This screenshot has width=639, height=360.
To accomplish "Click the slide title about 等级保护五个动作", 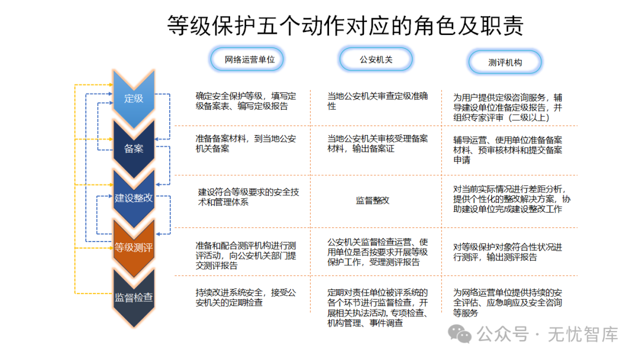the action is coord(345,25).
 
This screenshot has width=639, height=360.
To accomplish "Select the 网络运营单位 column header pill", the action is coord(247,60).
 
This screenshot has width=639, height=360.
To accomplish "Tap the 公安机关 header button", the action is coord(376,60).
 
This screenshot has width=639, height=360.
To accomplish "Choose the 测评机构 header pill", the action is coord(505,62).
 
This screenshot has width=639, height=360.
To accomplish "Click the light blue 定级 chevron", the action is coord(134,98).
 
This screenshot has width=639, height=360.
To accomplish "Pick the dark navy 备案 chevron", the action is coord(134,149).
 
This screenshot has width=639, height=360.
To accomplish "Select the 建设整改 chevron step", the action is coord(134,198).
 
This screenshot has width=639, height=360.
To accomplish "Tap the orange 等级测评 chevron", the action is coord(134,247).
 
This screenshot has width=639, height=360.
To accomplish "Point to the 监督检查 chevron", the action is coord(134,297).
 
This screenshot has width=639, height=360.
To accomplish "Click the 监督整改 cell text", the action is coord(373,200).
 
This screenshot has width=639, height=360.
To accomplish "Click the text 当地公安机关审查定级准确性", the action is coord(377,101).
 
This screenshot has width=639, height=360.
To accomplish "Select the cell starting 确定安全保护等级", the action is coord(246,101).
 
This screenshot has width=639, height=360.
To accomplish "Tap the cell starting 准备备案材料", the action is coord(246,143).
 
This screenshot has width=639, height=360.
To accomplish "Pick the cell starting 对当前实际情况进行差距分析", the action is coord(512,199).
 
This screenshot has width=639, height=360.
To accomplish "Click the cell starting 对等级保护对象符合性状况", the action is coord(508,252).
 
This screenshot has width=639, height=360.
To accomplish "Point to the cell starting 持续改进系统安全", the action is coord(246,298).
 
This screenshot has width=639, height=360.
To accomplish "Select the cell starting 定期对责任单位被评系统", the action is coord(377,308).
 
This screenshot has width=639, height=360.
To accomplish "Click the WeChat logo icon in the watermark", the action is coord(460,334).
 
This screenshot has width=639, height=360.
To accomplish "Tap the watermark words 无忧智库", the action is coord(583,335).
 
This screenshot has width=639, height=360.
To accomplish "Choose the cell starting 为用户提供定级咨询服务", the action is coord(508,108).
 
